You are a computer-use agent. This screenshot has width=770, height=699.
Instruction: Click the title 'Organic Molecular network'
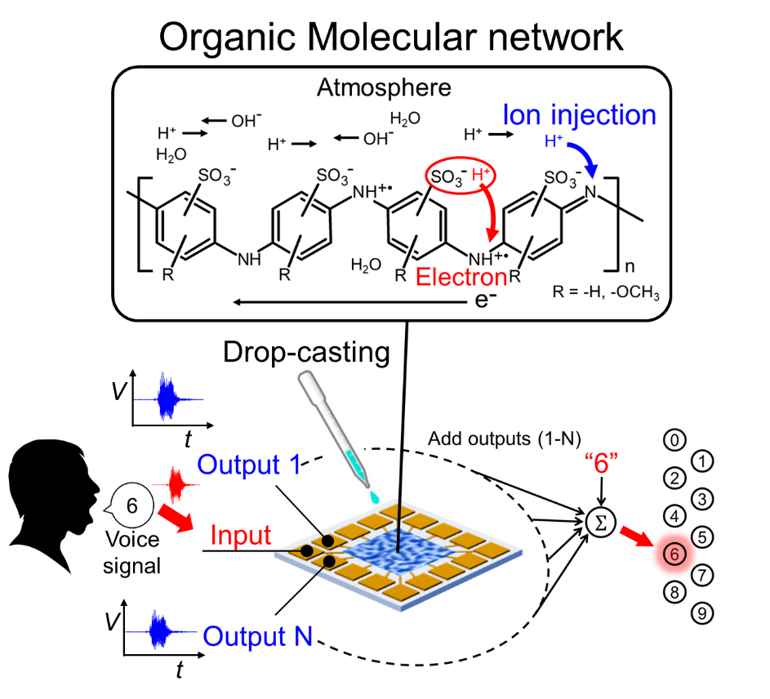(x=385, y=36)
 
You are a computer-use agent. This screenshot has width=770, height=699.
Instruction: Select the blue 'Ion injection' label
(x=579, y=114)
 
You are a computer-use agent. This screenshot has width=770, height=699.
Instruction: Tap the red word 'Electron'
(x=461, y=276)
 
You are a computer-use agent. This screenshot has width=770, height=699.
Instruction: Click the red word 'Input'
(x=241, y=536)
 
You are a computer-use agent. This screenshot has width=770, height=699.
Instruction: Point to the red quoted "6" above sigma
(x=602, y=476)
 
